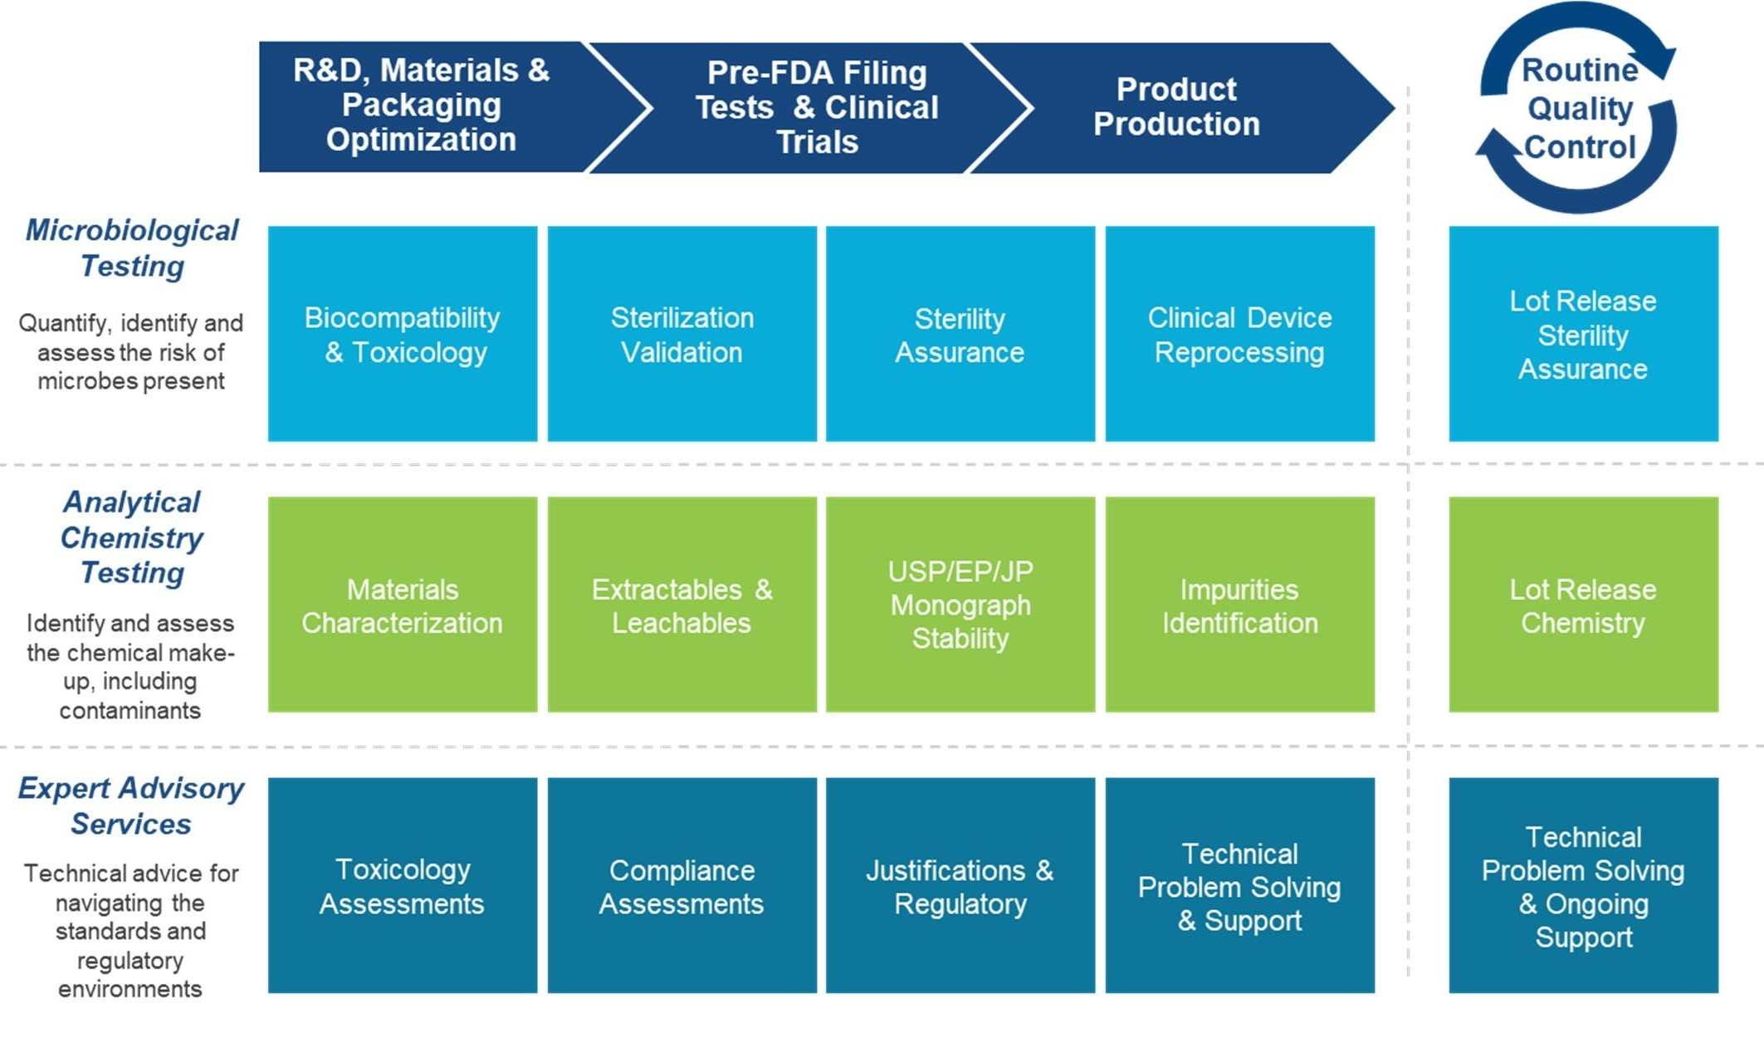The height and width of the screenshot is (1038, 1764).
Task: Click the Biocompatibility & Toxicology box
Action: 403,334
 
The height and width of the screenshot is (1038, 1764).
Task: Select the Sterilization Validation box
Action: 682,334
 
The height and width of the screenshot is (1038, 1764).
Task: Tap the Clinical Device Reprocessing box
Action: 1239,334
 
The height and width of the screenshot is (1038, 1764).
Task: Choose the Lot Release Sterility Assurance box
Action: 1583,334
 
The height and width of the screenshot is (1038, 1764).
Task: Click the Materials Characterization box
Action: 403,605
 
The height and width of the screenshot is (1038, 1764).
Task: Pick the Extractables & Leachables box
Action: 682,605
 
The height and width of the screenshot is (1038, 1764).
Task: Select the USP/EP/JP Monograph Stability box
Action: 960,605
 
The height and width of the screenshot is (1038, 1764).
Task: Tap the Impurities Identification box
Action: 1239,605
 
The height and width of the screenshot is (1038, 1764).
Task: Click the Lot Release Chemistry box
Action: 1583,605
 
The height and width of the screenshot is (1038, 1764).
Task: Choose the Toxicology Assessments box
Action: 403,885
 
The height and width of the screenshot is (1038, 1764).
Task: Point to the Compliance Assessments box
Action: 682,885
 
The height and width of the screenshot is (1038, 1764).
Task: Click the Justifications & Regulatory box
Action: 960,885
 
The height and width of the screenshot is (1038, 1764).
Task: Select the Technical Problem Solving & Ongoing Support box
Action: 1583,885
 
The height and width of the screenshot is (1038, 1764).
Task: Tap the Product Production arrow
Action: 1176,107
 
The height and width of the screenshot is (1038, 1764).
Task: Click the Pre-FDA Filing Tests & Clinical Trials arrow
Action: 817,107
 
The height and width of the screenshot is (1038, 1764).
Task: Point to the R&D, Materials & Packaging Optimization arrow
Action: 422,105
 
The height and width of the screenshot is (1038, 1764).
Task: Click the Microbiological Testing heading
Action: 132,247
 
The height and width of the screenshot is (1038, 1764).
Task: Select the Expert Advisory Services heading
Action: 131,805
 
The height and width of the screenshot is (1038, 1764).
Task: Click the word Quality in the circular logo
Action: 1580,109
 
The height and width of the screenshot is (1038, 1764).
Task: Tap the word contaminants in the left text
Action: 130,711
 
